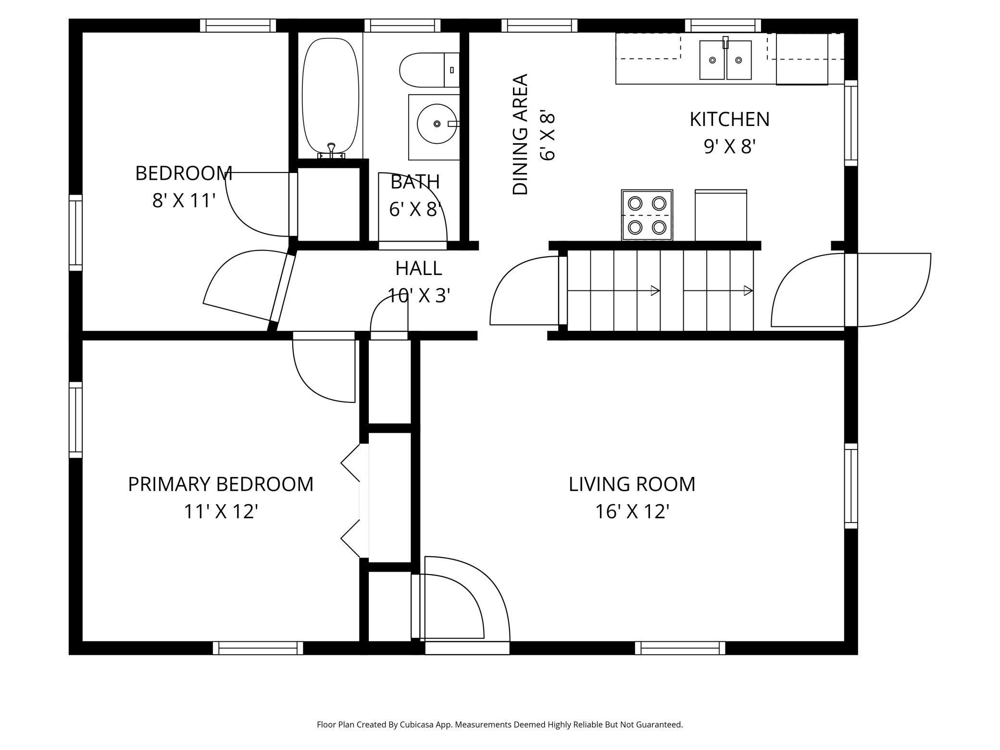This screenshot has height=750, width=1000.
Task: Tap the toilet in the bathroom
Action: pyautogui.click(x=429, y=70)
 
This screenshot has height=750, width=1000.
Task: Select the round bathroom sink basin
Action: pyautogui.click(x=437, y=124)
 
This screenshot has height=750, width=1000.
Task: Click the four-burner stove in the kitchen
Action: pyautogui.click(x=647, y=215)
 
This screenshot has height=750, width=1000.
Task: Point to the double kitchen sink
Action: pyautogui.click(x=725, y=60)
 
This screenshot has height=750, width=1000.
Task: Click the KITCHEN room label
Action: pyautogui.click(x=729, y=119)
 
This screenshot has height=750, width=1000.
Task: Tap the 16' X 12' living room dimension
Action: pyautogui.click(x=632, y=512)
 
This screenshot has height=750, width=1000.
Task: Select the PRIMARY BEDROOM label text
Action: pyautogui.click(x=221, y=484)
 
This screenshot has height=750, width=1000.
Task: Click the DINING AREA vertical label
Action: pyautogui.click(x=520, y=135)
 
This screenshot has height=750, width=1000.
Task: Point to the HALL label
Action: pyautogui.click(x=419, y=268)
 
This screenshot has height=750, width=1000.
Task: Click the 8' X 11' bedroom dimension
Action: pyautogui.click(x=183, y=200)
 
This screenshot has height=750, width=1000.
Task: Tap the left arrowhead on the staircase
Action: pyautogui.click(x=655, y=290)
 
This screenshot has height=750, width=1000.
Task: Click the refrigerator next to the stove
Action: pyautogui.click(x=721, y=215)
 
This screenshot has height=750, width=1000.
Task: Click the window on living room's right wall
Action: pyautogui.click(x=851, y=486)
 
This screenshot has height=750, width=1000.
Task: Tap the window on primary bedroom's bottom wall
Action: pyautogui.click(x=258, y=648)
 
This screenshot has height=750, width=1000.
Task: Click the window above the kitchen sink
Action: pyautogui.click(x=723, y=25)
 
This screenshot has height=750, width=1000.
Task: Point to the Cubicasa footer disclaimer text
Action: pyautogui.click(x=500, y=725)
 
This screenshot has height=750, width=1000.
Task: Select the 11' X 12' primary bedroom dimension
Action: pyautogui.click(x=221, y=512)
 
